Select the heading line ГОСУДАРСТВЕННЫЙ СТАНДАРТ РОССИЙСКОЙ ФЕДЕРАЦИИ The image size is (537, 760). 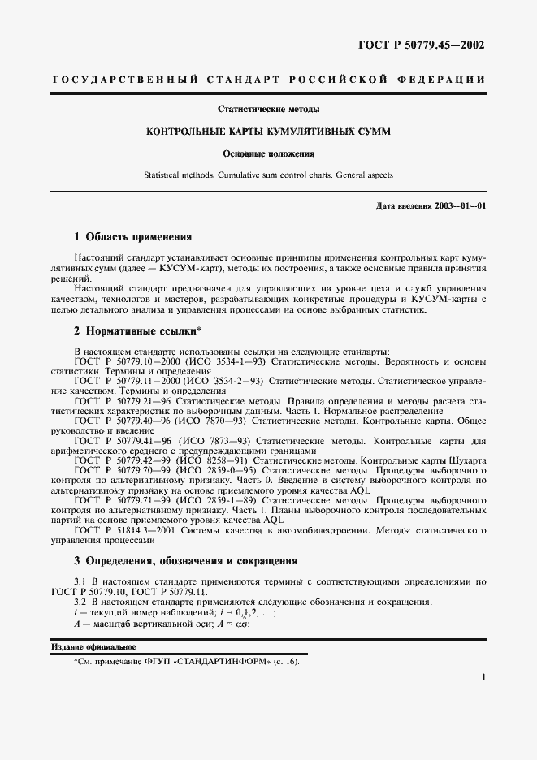pyautogui.click(x=269, y=80)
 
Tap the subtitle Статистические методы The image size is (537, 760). pyautogui.click(x=268, y=109)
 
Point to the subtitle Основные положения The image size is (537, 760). pyautogui.click(x=268, y=153)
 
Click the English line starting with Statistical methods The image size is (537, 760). pyautogui.click(x=268, y=175)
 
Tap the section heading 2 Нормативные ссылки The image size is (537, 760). pyautogui.click(x=137, y=331)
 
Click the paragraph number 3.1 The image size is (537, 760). pyautogui.click(x=80, y=581)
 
